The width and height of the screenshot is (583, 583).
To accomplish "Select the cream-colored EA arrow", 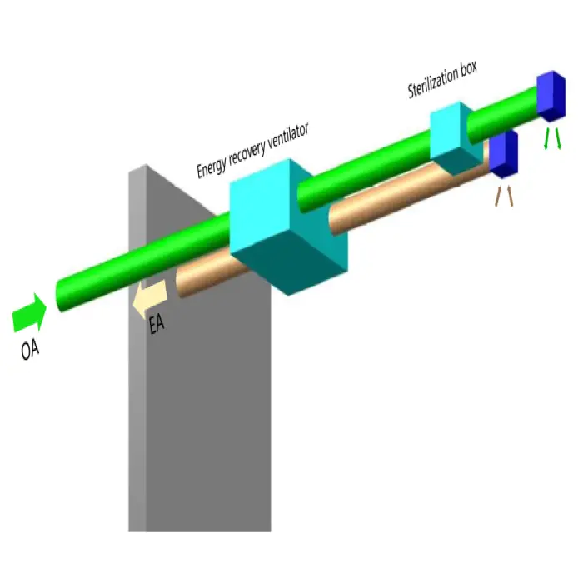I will (152, 294).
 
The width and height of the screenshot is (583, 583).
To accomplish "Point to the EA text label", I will (156, 325).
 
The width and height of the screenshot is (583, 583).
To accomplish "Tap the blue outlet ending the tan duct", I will (503, 155).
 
